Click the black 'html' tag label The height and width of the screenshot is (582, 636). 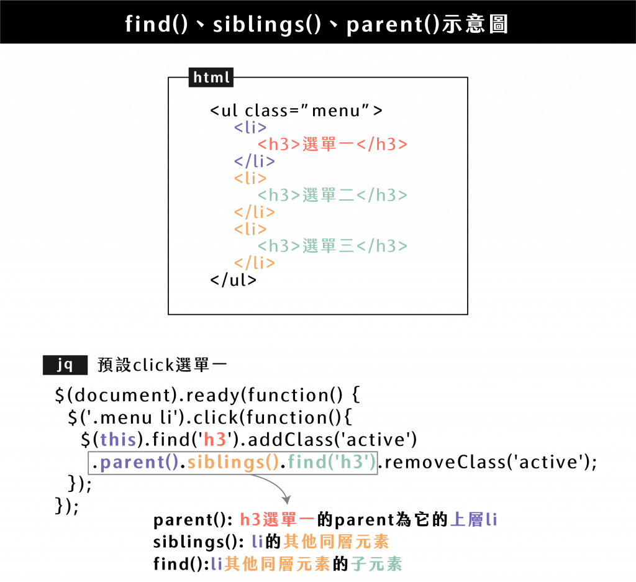pyautogui.click(x=211, y=78)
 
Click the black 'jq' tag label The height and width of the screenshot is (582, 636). pyautogui.click(x=65, y=365)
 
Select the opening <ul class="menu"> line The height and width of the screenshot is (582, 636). pyautogui.click(x=296, y=111)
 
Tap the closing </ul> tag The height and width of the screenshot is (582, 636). pyautogui.click(x=233, y=280)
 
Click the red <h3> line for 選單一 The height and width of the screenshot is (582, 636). pyautogui.click(x=332, y=145)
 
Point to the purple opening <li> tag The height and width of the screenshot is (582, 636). pyautogui.click(x=251, y=128)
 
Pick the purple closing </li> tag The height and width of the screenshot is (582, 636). pyautogui.click(x=255, y=161)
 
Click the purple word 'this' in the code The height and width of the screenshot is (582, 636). pyautogui.click(x=118, y=440)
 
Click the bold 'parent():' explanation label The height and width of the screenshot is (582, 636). pyautogui.click(x=193, y=520)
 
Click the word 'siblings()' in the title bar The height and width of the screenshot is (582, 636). pyautogui.click(x=267, y=24)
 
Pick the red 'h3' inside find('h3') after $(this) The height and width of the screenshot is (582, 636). pyautogui.click(x=215, y=440)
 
